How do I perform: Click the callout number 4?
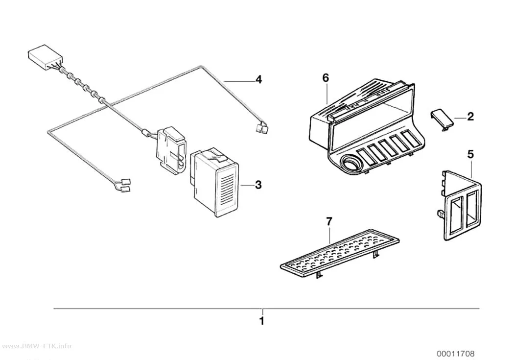point(258,80)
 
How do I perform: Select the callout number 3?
point(258,185)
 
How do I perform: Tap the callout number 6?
point(325,78)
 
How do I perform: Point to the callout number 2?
point(470,117)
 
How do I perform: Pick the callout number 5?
point(470,154)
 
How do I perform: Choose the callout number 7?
point(329,222)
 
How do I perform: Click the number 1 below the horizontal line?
point(261,321)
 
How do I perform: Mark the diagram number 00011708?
point(455,354)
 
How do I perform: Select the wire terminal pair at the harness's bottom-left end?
point(125,185)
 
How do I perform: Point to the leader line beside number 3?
point(247,186)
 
